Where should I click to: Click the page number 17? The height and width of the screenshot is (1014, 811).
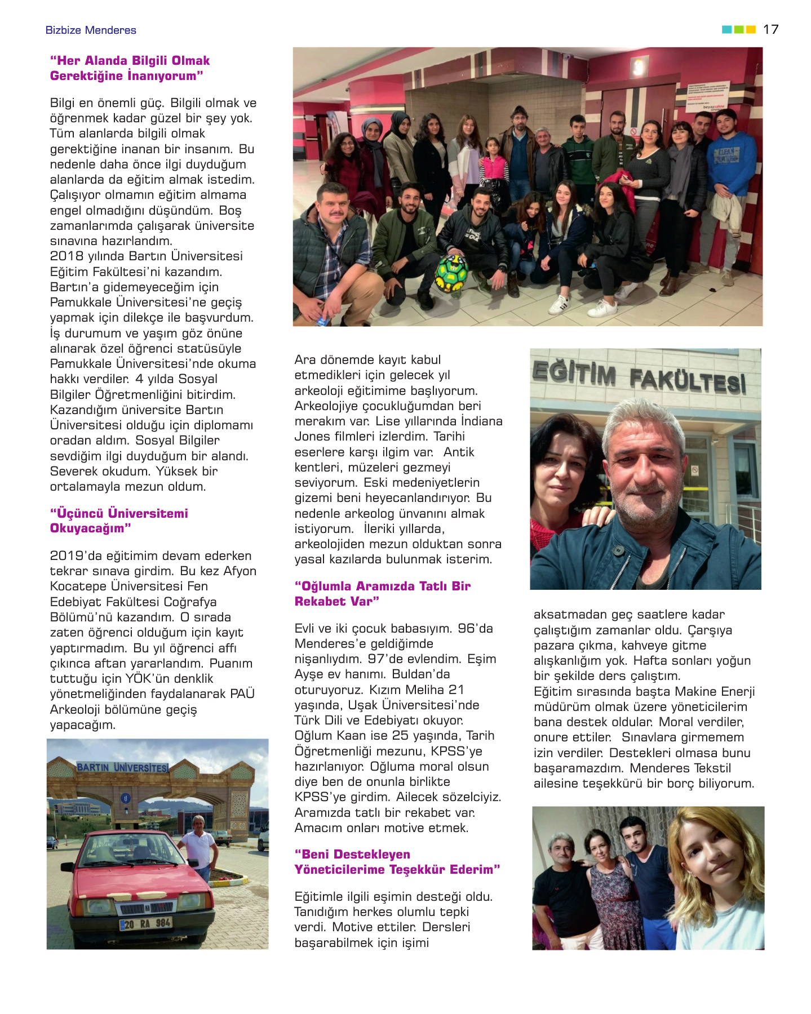click(770, 29)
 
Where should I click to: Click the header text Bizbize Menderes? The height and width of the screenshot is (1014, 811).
click(91, 30)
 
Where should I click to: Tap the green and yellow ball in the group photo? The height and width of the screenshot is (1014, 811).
click(451, 273)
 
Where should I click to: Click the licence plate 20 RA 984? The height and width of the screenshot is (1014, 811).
click(146, 923)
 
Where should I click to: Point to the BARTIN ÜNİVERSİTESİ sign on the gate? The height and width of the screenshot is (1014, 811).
click(122, 767)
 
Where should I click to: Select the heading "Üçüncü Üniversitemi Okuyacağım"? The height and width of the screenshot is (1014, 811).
click(119, 521)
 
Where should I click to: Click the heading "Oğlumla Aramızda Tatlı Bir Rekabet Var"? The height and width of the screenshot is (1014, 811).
click(382, 594)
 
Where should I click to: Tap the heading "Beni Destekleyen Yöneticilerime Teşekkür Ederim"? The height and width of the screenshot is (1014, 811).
click(397, 862)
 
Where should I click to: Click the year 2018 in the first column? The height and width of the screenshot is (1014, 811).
click(67, 256)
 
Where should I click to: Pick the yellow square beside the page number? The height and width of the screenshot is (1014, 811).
click(751, 29)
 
